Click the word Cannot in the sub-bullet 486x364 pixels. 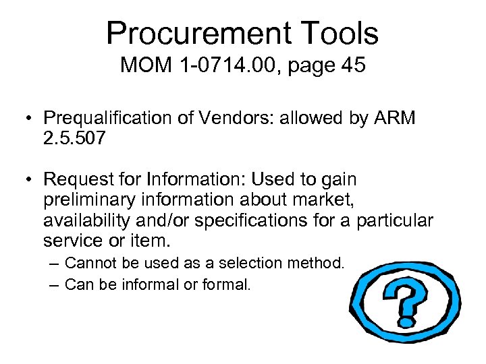point(89,262)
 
